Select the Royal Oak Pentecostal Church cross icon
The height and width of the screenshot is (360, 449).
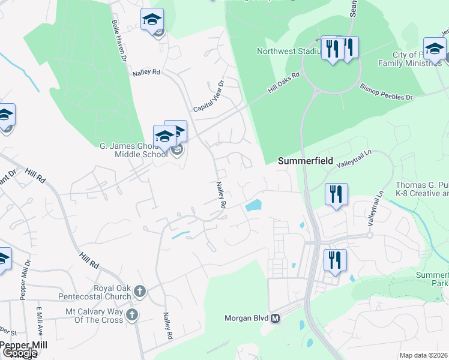click(139, 292)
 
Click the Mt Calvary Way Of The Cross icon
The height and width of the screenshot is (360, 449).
click(132, 314)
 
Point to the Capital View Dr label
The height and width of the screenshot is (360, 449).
click(208, 97)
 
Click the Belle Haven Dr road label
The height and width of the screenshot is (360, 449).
click(118, 41)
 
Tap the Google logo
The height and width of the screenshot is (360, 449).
click(19, 353)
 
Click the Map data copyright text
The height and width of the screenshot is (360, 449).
click(424, 355)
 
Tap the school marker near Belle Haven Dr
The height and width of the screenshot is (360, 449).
click(152, 20)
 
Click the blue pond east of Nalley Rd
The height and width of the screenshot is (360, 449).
click(253, 206)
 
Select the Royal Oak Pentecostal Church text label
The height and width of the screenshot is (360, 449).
click(95, 292)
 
